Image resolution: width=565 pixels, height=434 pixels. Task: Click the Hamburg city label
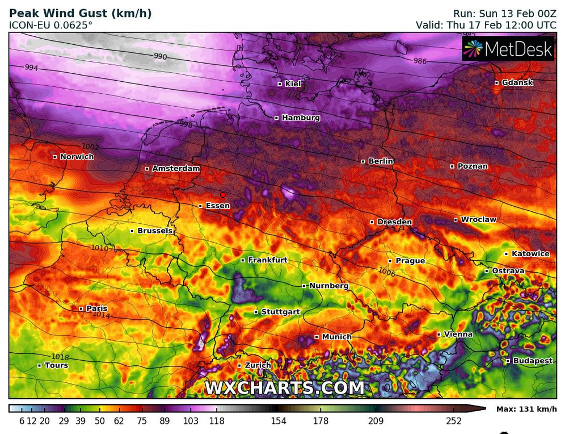(301, 118)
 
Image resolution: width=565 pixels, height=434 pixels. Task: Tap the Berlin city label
(381, 161)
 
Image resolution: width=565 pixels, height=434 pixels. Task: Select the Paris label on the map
(96, 308)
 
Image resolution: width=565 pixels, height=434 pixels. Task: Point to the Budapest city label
(533, 361)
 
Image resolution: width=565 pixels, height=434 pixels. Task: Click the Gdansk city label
(517, 82)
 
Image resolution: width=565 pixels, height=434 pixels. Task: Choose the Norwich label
(77, 157)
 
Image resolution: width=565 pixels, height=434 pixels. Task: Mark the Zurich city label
(258, 365)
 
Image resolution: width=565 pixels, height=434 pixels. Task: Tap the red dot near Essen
(223, 194)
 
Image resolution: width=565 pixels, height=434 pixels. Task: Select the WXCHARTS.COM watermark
(284, 387)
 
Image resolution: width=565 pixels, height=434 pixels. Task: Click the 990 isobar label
(161, 56)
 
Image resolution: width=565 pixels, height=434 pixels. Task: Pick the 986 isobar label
(420, 61)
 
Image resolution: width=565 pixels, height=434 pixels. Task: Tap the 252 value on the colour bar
(454, 421)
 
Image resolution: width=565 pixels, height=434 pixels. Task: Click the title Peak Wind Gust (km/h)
(81, 13)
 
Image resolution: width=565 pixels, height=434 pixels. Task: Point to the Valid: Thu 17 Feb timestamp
(486, 25)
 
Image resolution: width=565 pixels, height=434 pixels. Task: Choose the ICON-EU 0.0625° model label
(51, 25)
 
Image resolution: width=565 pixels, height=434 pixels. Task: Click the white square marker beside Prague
(390, 261)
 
